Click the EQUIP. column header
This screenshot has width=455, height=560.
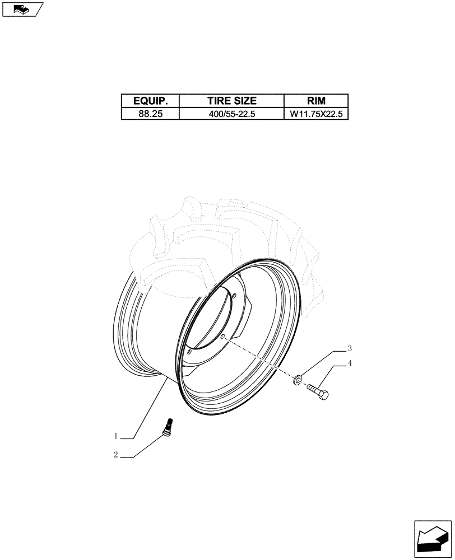click(150, 101)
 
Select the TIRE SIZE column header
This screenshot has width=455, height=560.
click(231, 101)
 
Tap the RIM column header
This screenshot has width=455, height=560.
click(316, 101)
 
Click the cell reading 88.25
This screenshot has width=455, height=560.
click(150, 114)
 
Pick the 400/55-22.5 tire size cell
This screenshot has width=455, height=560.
click(231, 114)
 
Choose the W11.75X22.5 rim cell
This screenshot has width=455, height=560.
click(316, 114)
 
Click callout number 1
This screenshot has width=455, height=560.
click(116, 436)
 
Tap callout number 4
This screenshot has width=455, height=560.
click(350, 363)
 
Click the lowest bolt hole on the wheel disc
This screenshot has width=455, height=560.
click(190, 352)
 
